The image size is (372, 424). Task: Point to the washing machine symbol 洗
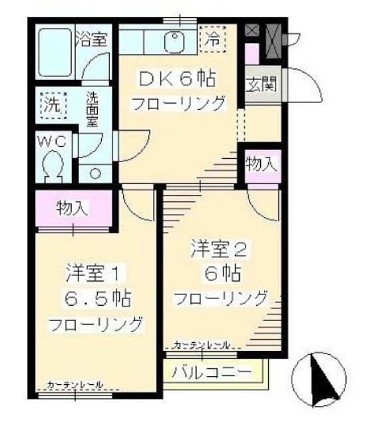(x=51, y=104)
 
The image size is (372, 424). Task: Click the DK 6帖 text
(x=177, y=78)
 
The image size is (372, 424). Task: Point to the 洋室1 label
(x=94, y=272)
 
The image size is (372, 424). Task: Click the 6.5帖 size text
(x=96, y=296)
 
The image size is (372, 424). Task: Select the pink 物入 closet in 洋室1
(x=73, y=207)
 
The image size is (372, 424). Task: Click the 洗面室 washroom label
(x=94, y=110)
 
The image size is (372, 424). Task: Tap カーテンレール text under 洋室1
(x=75, y=385)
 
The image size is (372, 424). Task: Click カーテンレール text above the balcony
(x=202, y=345)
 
